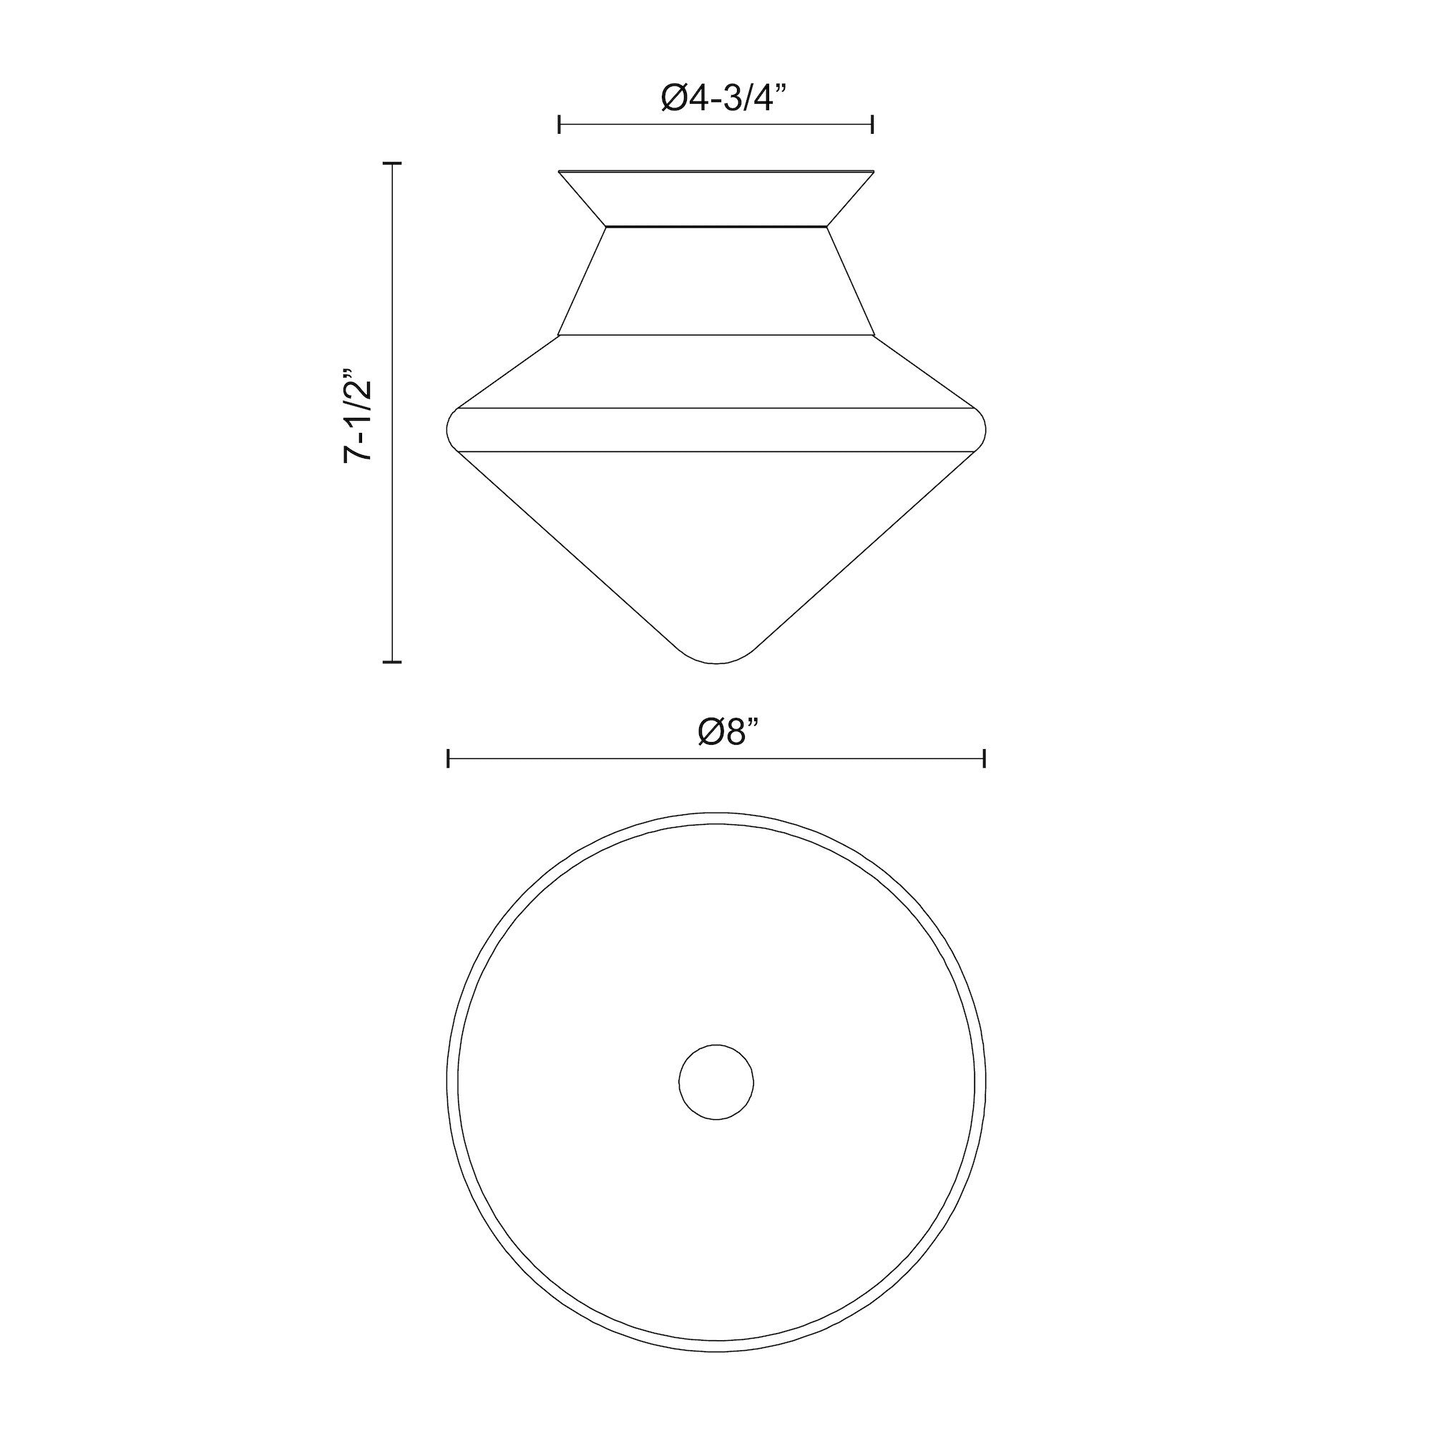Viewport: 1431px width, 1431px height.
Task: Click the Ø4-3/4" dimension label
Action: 716,98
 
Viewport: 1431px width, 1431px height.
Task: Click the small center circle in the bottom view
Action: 716,1081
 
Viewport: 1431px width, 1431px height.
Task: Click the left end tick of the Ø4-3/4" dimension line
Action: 560,124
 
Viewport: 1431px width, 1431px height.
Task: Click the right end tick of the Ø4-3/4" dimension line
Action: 872,124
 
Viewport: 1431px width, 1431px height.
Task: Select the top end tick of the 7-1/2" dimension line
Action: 392,162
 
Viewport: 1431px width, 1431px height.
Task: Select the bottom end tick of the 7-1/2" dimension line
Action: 392,660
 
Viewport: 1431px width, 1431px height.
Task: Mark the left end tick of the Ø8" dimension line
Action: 449,758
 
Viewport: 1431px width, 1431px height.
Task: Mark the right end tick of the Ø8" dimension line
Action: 984,758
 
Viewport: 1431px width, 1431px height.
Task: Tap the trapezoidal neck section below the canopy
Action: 716,281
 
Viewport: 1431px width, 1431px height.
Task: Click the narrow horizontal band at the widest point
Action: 716,429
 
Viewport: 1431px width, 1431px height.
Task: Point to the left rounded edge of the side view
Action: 449,429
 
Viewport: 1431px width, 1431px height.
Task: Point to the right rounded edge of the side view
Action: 984,429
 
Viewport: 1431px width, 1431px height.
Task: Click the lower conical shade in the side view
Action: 716,533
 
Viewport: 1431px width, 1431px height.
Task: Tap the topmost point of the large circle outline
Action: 716,814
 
